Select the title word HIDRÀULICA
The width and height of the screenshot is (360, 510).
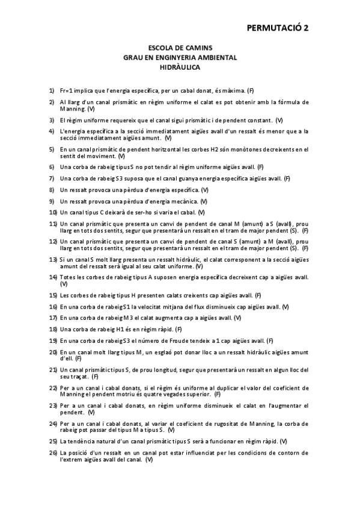pyautogui.click(x=180, y=67)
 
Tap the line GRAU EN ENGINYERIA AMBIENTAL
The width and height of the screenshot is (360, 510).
pyautogui.click(x=180, y=57)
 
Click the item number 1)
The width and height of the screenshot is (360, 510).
pyautogui.click(x=52, y=90)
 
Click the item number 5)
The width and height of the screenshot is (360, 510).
pyautogui.click(x=52, y=149)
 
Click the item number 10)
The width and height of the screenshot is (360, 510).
pyautogui.click(x=53, y=212)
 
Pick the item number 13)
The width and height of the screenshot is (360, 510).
pyautogui.click(x=53, y=258)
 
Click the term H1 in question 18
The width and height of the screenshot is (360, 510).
pyautogui.click(x=118, y=329)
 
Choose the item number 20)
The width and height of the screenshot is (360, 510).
pyautogui.click(x=53, y=352)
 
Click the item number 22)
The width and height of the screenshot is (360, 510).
pyautogui.click(x=53, y=388)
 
